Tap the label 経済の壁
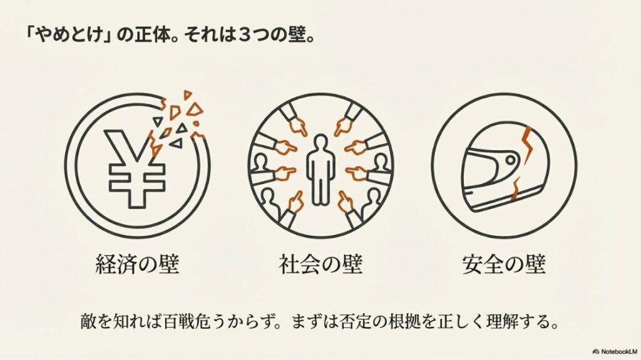(x=137, y=264)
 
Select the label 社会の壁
(x=320, y=264)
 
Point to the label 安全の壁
(x=504, y=264)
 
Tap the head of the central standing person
(x=320, y=140)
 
